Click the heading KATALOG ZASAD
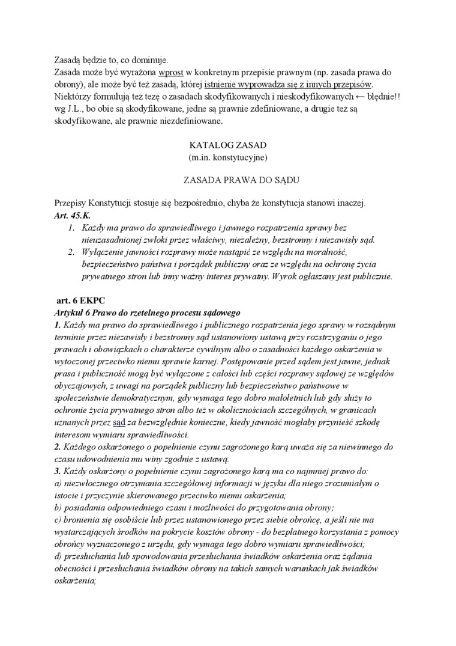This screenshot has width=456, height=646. tap(227, 145)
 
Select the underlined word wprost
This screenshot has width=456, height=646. tap(169, 73)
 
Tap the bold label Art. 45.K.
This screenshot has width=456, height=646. tap(67, 215)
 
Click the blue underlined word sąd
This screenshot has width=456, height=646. tap(119, 422)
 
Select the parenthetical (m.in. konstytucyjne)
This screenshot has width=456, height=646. tap(227, 157)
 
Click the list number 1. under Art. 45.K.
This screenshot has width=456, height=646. tap(70, 228)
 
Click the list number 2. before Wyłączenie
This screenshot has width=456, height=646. tap(70, 252)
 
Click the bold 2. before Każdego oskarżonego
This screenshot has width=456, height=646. tap(58, 447)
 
